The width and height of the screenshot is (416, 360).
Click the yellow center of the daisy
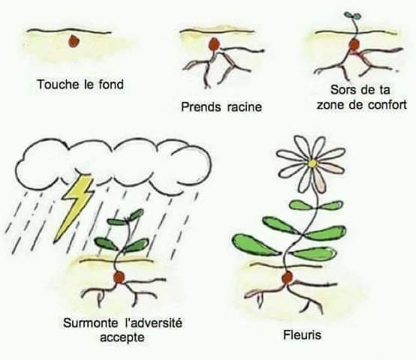pos(313,163)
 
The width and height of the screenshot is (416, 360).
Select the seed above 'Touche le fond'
pos(74,41)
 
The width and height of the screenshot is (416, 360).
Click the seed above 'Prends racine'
pos(214,44)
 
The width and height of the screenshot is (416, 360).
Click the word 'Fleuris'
pos(302,335)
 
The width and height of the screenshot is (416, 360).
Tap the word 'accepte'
pos(122,338)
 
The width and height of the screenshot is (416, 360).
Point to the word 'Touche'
pos(58,85)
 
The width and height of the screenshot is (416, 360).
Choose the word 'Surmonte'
pos(91,323)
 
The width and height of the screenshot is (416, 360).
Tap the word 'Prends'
pos(201,107)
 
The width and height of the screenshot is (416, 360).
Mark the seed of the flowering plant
pos(287,277)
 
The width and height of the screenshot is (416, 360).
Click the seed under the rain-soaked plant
pos(119,277)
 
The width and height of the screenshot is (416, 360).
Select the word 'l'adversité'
pos(154,323)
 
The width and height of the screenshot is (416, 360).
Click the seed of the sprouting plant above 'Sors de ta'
pos(354,44)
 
